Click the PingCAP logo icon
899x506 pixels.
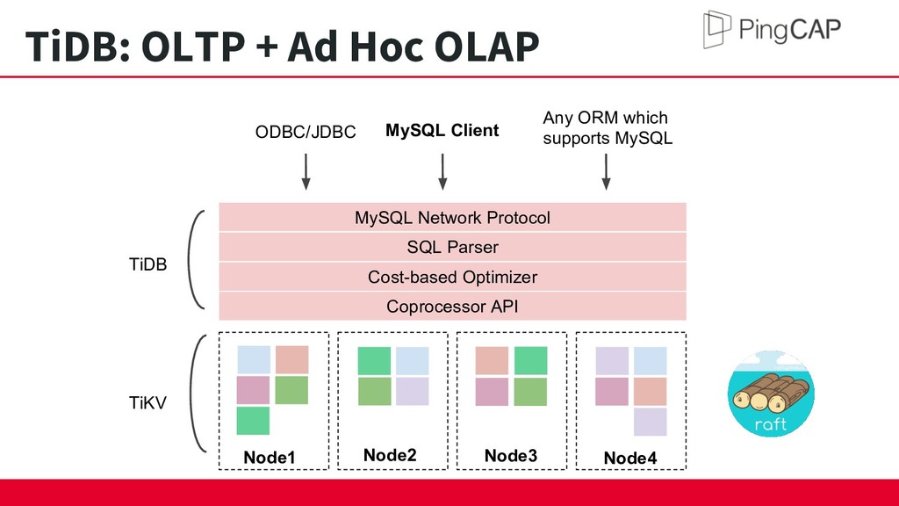(x=716, y=29)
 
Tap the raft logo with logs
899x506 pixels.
(x=771, y=394)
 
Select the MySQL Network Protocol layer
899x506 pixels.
(x=452, y=218)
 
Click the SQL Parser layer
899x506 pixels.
(x=452, y=247)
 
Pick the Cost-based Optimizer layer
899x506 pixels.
(x=452, y=277)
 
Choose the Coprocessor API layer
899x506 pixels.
(x=452, y=307)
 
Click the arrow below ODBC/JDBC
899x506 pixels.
(x=306, y=171)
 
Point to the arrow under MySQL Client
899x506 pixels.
(x=442, y=171)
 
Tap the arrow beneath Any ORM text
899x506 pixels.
(x=606, y=171)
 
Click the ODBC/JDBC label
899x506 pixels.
(x=306, y=132)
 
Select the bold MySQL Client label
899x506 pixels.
(x=442, y=131)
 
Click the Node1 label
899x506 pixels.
(x=269, y=457)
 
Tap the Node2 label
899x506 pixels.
(x=390, y=455)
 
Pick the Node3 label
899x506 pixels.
(x=511, y=456)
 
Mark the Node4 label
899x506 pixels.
(x=630, y=458)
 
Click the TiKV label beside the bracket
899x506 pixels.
(x=147, y=402)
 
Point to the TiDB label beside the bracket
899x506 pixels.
(x=147, y=264)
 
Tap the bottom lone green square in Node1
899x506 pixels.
(x=253, y=421)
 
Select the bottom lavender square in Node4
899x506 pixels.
(x=651, y=422)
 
